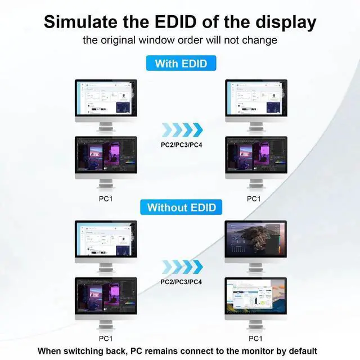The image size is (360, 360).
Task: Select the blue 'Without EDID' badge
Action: tap(181, 207)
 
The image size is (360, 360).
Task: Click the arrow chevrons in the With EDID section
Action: tap(182, 130)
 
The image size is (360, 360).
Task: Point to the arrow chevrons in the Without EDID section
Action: tap(181, 267)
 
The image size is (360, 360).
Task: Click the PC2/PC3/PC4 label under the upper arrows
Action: tap(182, 144)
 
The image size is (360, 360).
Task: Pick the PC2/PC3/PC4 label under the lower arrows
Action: tap(182, 281)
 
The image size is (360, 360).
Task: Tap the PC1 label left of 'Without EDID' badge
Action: tap(106, 199)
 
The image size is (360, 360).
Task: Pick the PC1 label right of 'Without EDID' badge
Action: tap(254, 199)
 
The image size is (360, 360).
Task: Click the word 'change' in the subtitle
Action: tap(260, 40)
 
